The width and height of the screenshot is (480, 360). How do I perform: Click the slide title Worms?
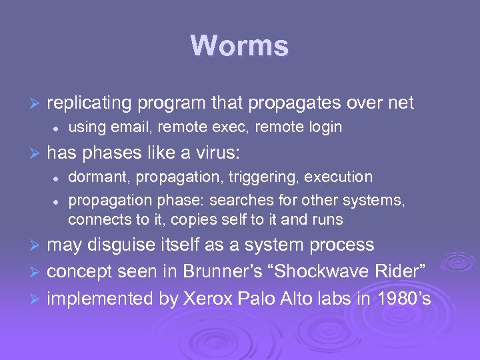(239, 47)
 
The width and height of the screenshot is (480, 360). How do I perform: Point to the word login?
(325, 127)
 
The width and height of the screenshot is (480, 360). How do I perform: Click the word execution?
(337, 177)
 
